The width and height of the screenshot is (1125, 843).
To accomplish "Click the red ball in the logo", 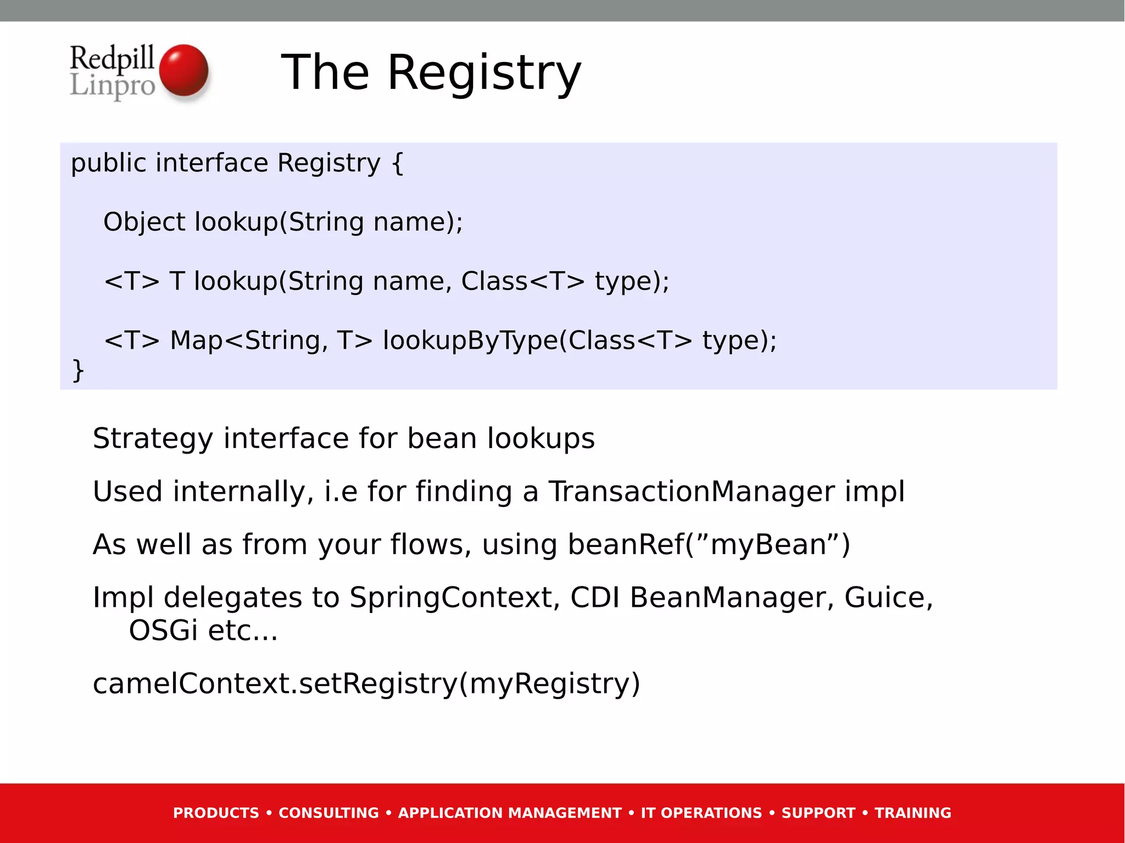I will (x=183, y=70).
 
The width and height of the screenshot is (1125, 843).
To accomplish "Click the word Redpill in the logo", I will (x=112, y=58).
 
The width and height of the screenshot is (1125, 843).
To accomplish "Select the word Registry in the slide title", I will (x=484, y=73).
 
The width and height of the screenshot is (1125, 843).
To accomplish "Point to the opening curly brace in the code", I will (x=398, y=163).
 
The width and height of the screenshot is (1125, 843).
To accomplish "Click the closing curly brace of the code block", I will (x=77, y=370).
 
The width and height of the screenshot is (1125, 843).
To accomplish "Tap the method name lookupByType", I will (x=470, y=340).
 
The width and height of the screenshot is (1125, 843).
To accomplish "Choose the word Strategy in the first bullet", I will (x=152, y=439).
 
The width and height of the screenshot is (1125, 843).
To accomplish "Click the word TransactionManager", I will (x=691, y=491).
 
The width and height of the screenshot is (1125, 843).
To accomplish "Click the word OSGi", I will (x=163, y=630).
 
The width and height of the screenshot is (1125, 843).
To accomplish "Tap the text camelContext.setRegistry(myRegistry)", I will (x=366, y=684).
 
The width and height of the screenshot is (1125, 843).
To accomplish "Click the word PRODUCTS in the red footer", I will (x=216, y=813).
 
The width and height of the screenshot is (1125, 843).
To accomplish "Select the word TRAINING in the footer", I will (x=912, y=813).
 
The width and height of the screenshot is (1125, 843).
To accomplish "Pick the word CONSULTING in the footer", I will (x=328, y=813).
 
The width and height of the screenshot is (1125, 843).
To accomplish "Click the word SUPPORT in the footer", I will (x=818, y=813).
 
